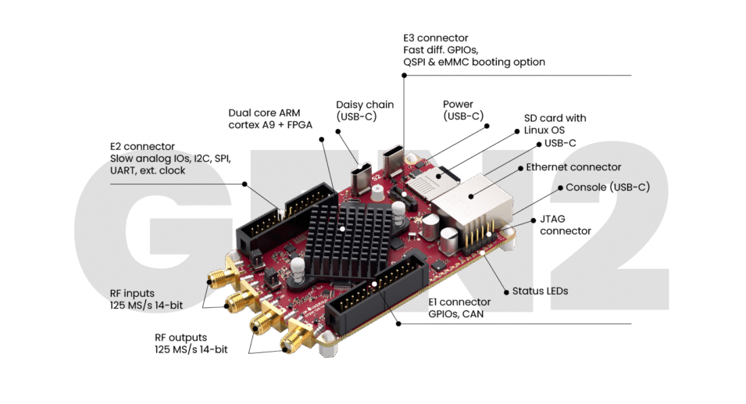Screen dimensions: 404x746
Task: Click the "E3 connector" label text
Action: (436, 38)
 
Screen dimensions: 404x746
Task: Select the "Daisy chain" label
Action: (365, 104)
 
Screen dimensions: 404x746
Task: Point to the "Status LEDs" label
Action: (540, 291)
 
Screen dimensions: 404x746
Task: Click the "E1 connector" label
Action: (459, 302)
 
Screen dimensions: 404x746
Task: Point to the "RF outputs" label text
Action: (181, 338)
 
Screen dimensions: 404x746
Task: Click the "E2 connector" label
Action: (147, 146)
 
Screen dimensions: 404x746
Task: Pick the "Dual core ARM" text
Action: (265, 112)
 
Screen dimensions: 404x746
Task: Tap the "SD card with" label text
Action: (555, 118)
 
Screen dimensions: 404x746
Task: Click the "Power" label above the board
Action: (458, 104)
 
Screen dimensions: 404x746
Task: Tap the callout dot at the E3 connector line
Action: (404, 75)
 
